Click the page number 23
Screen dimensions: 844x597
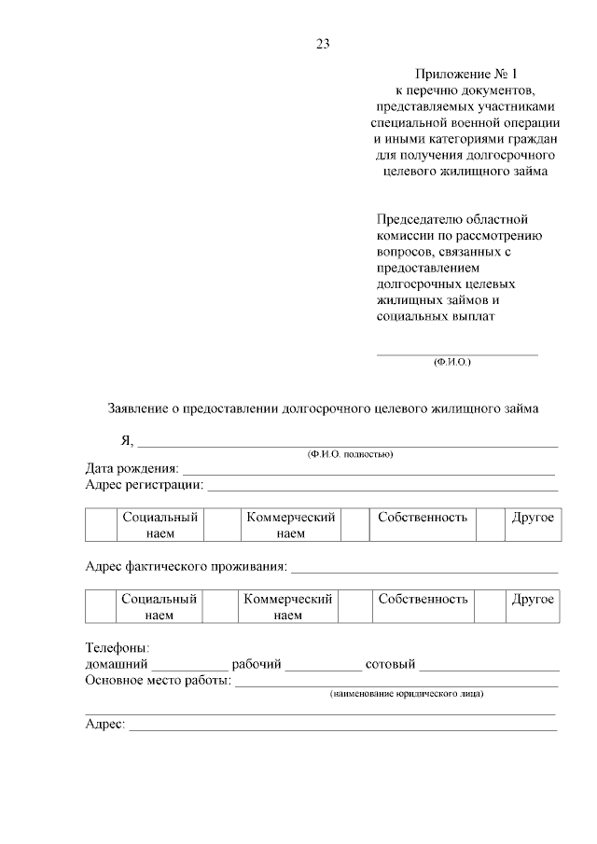(323, 44)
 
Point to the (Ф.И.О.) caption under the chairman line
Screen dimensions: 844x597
(452, 361)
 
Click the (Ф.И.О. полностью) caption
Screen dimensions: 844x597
(350, 454)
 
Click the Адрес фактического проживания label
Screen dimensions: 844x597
(186, 567)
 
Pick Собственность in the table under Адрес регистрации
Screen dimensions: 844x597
(423, 518)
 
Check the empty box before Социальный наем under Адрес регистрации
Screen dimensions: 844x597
(101, 525)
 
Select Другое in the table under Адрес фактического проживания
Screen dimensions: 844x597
(533, 600)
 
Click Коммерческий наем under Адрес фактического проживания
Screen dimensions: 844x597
(288, 607)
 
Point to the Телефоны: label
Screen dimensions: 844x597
(118, 648)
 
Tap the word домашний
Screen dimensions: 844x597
(117, 664)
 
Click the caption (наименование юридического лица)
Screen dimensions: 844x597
(407, 695)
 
